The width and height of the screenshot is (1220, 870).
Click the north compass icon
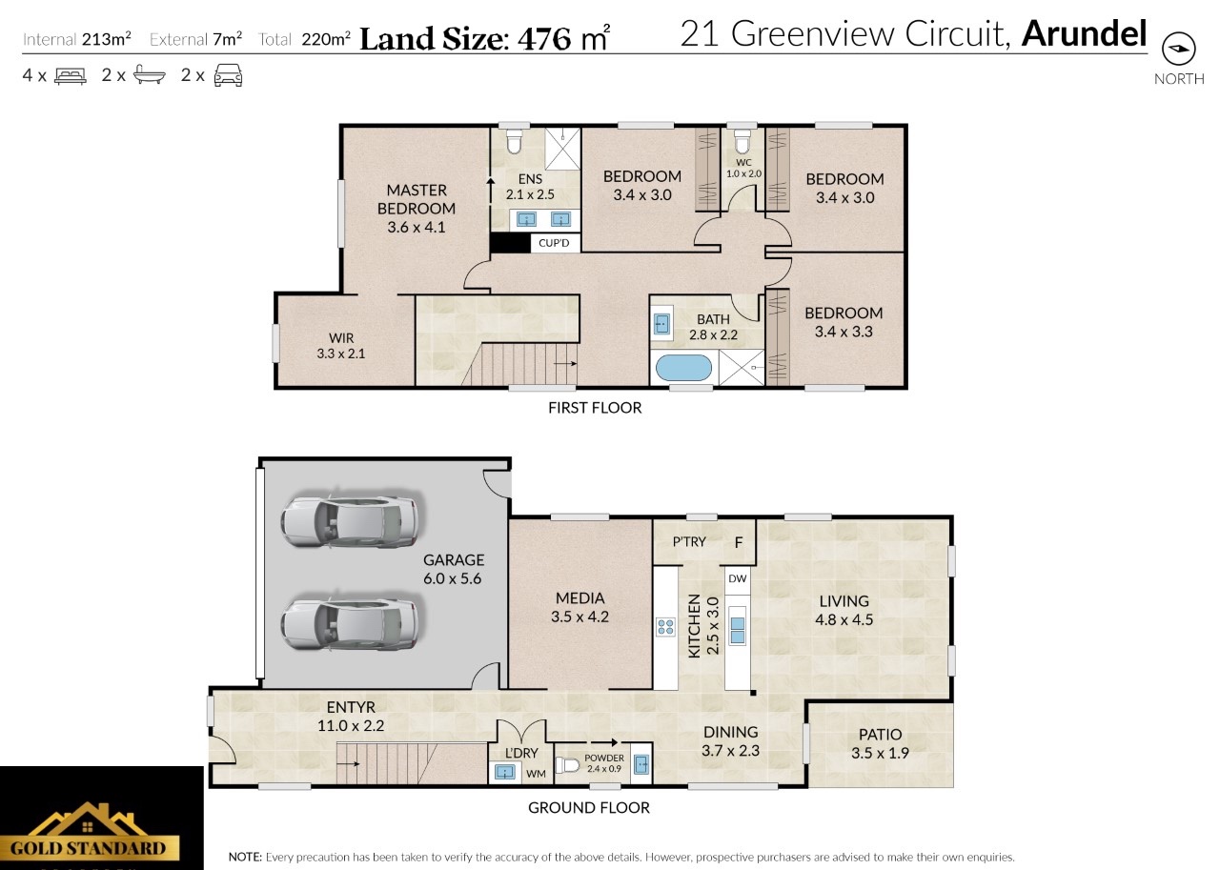point(1179,49)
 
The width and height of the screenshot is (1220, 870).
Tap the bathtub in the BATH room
point(683,368)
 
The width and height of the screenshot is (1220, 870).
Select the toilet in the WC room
point(742,142)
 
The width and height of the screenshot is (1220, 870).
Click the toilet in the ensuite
point(514,141)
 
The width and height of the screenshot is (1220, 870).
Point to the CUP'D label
point(554,243)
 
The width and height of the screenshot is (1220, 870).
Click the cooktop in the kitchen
point(665,627)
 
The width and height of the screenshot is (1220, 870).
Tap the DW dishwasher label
point(738,578)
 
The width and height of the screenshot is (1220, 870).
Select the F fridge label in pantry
point(739,542)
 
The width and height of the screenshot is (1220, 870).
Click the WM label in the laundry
point(536,774)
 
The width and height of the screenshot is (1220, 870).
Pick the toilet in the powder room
point(567,765)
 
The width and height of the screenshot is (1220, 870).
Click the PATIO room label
point(880,735)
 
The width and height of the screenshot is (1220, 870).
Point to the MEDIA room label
point(580,597)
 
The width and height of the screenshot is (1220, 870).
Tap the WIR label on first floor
point(341,338)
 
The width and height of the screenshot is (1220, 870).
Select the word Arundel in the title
point(1085,33)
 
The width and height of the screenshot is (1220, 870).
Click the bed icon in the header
point(71,75)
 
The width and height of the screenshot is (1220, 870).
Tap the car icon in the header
point(228,75)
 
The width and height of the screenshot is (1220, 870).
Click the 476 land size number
point(544,39)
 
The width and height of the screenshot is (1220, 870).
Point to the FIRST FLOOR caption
point(595,408)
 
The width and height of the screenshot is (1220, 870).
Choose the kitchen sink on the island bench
point(738,631)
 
